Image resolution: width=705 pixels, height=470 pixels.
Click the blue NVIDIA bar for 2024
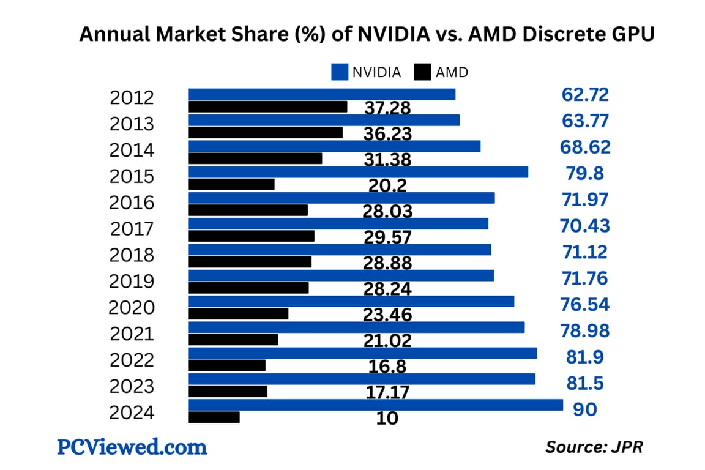point(375,405)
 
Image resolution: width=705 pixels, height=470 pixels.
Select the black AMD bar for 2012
point(267,106)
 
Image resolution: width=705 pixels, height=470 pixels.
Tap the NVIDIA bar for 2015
point(358,172)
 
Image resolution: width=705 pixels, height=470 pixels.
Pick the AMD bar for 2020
point(238,314)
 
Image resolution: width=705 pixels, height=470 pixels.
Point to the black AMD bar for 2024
point(214,417)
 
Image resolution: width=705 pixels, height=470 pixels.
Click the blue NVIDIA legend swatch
point(340,72)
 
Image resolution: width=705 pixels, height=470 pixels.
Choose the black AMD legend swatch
point(423,72)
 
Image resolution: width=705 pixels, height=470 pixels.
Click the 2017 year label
point(132,229)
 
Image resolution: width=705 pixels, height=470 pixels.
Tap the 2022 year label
point(132,360)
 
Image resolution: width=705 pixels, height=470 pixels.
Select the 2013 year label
point(132,124)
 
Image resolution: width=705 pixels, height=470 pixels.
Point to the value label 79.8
point(584,173)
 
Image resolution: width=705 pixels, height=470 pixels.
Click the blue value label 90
point(584,409)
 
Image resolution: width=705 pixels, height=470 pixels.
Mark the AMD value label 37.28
point(387,108)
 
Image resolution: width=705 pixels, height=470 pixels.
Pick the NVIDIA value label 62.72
point(585,95)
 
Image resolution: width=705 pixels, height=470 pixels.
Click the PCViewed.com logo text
point(132,447)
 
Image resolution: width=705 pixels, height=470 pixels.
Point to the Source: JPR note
point(594,447)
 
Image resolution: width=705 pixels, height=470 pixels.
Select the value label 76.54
point(585,304)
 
